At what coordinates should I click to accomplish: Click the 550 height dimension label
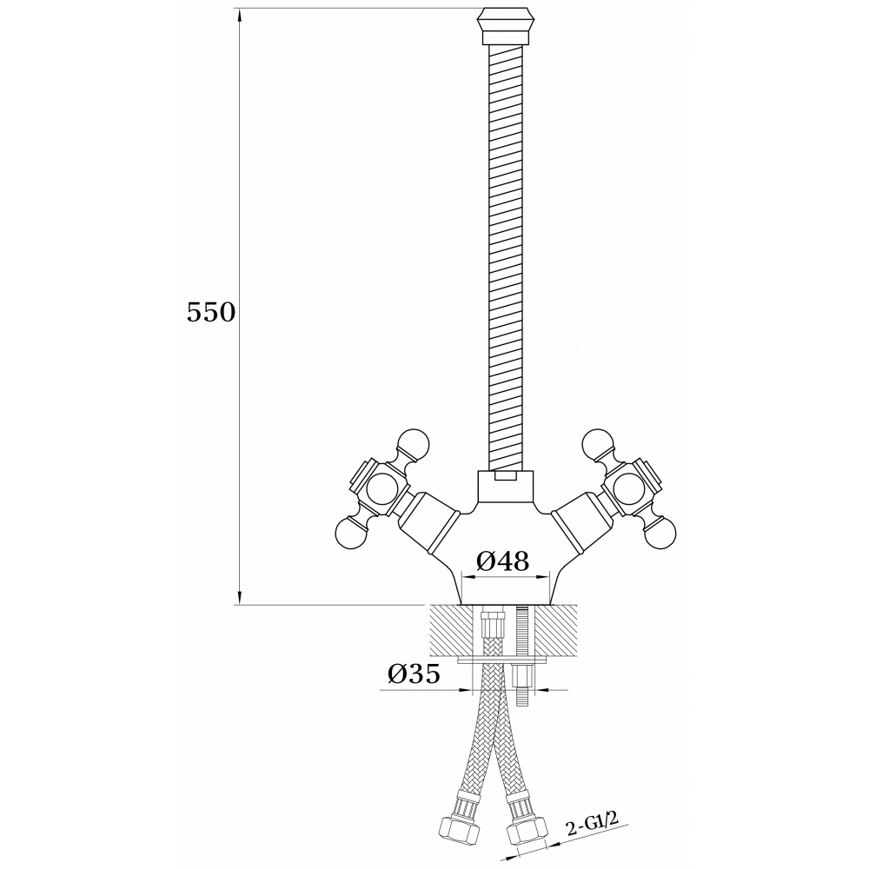[211, 313]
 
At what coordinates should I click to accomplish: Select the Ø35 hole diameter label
[414, 673]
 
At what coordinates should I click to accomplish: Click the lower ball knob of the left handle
[351, 531]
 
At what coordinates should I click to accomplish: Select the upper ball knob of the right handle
[598, 444]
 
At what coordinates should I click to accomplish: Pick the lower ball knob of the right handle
[660, 531]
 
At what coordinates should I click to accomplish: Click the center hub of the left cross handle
[381, 488]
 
